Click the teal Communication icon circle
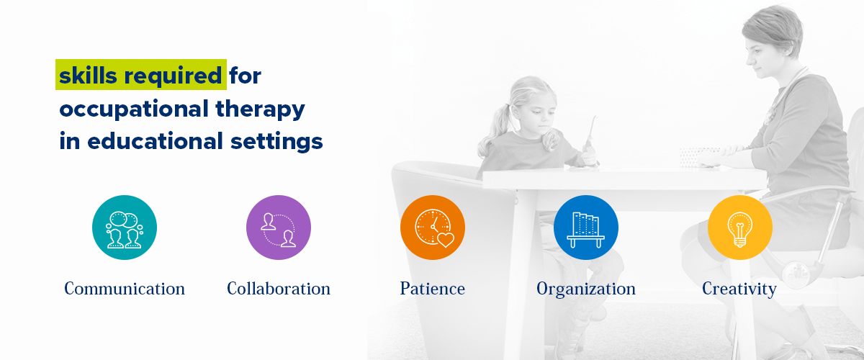pos(124,228)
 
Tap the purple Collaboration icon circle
pos(279,228)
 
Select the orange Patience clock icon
pos(433,228)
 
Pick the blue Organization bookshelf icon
pos(586,228)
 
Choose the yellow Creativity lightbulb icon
pos(740,228)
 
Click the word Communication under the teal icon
pos(124,289)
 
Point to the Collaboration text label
pos(279,289)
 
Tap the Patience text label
pos(433,289)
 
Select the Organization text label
pos(586,289)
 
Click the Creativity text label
pos(739,289)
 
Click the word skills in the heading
pos(88,75)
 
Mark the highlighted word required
pos(173,76)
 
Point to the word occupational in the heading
pos(134,109)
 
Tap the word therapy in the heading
pos(261,109)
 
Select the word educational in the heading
pos(156,140)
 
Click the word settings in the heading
pos(276,142)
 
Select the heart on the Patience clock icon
pos(446,240)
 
